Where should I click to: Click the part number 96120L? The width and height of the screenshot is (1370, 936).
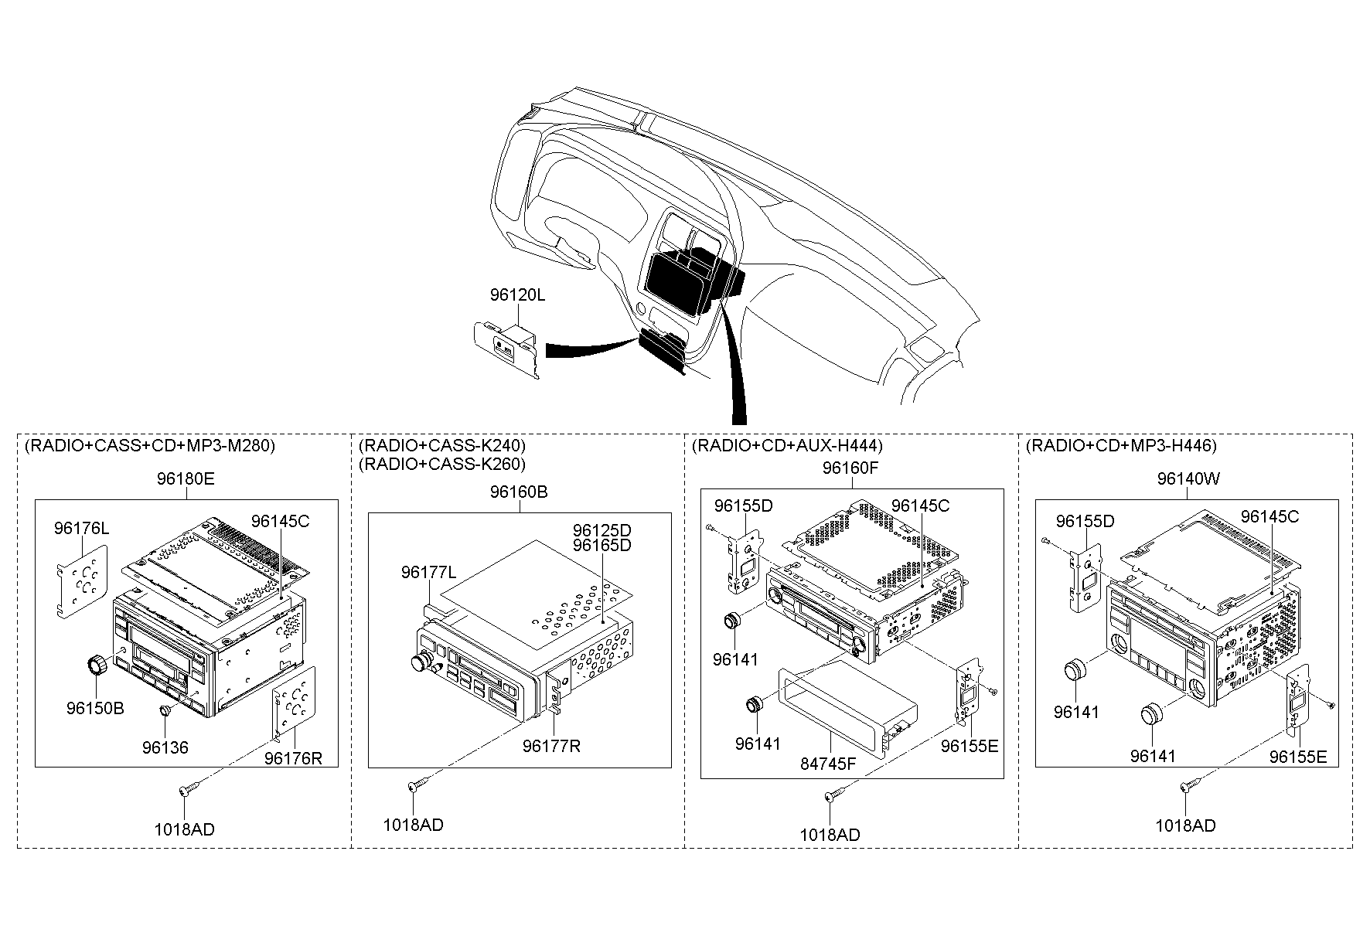point(517,294)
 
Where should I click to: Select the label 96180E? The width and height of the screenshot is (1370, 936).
point(186,478)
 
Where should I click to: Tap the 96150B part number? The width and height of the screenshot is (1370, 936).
point(95,708)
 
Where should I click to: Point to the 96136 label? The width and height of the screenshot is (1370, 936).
point(165,747)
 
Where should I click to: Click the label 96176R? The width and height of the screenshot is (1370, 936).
point(293,757)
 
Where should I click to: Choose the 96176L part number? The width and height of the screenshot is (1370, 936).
point(81,529)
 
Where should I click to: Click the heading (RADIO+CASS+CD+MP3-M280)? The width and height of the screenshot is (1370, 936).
point(150,446)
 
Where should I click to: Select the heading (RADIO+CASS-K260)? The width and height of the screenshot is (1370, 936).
point(442,464)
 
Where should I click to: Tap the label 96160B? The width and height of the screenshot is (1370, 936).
point(519,492)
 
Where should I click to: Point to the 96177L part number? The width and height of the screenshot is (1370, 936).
point(428,572)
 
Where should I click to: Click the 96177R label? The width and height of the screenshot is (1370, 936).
point(551,746)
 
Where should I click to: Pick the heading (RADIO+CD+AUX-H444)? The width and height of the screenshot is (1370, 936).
point(787,446)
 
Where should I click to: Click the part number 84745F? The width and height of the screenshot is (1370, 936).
point(829,764)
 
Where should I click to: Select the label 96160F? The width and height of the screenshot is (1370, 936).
point(851,468)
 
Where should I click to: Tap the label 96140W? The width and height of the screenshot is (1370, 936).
point(1188,478)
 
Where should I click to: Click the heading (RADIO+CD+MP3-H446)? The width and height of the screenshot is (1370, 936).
point(1121,446)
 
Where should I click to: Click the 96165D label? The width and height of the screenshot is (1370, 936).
point(602,545)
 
